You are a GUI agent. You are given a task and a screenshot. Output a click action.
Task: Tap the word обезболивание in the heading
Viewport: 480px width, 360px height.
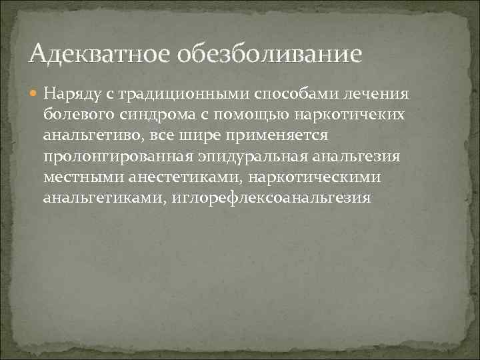pyautogui.click(x=269, y=52)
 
